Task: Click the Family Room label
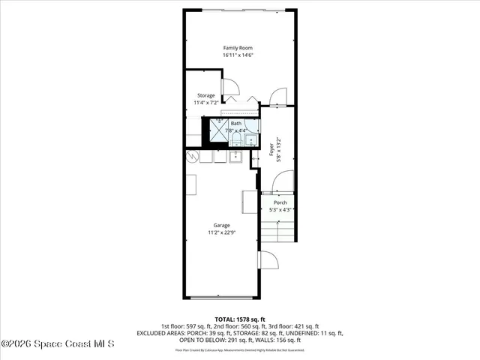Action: pos(237,47)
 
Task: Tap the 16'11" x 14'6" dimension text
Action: pos(237,55)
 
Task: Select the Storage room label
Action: pos(206,95)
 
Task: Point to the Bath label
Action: pos(236,123)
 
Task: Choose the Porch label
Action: pos(280,202)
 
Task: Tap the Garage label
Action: pos(221,225)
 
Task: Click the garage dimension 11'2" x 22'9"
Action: pos(221,232)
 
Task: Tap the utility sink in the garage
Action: pos(234,156)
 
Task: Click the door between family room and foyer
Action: pos(277,96)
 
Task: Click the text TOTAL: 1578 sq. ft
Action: pos(238,319)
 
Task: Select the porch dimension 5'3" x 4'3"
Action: pos(280,210)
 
